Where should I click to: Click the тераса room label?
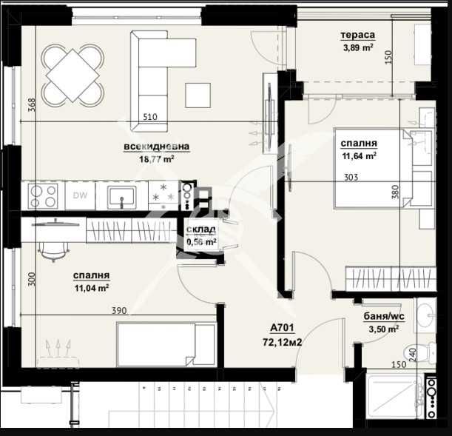click(357, 35)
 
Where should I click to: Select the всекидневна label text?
click(157, 147)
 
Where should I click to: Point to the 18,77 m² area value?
click(157, 158)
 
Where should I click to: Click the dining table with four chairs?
click(72, 75)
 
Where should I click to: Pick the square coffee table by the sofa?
click(197, 94)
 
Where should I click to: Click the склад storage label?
click(200, 230)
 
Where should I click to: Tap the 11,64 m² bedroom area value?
click(359, 156)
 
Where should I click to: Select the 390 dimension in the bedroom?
click(119, 311)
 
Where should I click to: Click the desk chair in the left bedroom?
click(51, 249)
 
